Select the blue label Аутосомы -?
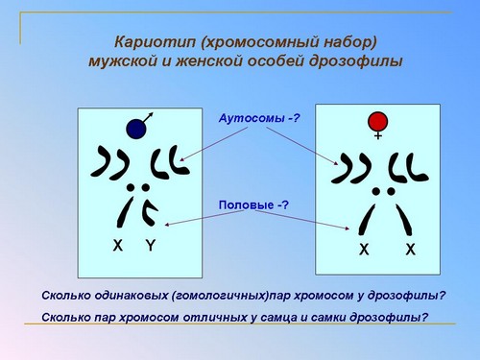[259, 118]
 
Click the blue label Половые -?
[253, 204]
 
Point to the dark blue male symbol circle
[136, 129]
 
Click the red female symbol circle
[378, 121]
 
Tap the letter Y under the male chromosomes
[151, 246]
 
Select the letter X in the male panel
[118, 246]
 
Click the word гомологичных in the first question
[220, 296]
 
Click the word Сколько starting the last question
[66, 318]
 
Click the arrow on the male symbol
[148, 118]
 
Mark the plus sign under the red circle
[378, 135]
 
